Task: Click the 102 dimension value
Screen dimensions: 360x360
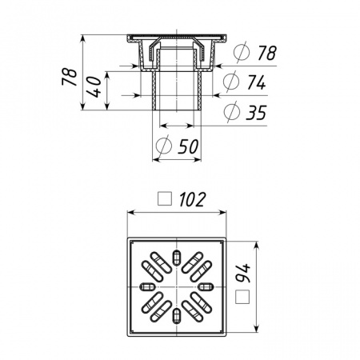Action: pos(192,199)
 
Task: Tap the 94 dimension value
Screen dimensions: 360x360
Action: pos(243,274)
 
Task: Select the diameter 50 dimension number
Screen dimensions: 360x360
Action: pos(188,146)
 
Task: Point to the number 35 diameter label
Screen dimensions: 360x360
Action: pos(256,113)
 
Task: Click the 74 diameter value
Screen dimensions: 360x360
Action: pos(256,82)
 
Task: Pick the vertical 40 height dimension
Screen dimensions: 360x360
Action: pos(94,87)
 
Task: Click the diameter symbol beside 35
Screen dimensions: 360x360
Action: pos(231,112)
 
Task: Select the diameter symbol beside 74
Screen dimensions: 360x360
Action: pos(231,82)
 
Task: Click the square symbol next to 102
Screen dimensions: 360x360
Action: pos(165,198)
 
